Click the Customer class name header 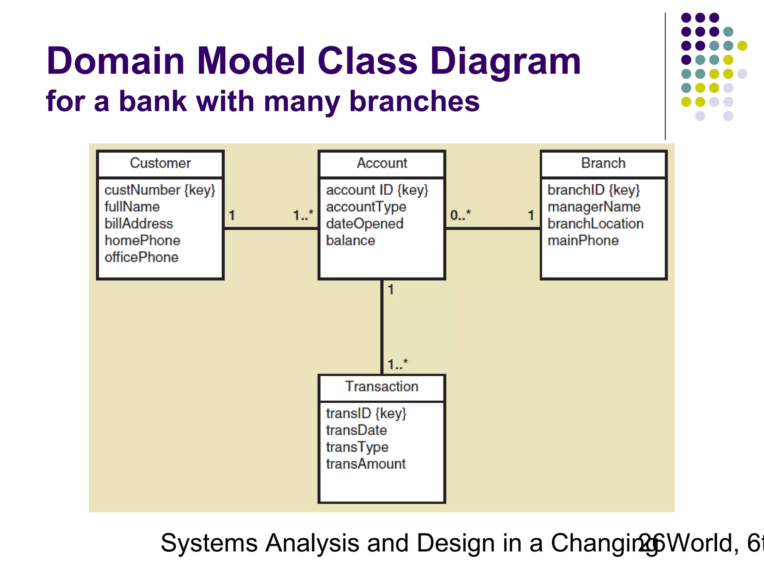pyautogui.click(x=160, y=163)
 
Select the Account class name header pyautogui.click(x=382, y=163)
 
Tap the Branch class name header pyautogui.click(x=603, y=163)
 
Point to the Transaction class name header pyautogui.click(x=382, y=386)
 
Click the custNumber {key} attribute pyautogui.click(x=160, y=190)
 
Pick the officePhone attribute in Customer pyautogui.click(x=141, y=257)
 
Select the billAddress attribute pyautogui.click(x=139, y=224)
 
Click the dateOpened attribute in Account pyautogui.click(x=364, y=224)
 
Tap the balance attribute pyautogui.click(x=350, y=241)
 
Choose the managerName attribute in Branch pyautogui.click(x=594, y=207)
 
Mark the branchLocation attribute pyautogui.click(x=595, y=224)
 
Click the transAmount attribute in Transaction pyautogui.click(x=366, y=464)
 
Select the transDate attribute pyautogui.click(x=356, y=430)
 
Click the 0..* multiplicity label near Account pyautogui.click(x=460, y=215)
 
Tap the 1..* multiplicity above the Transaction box pyautogui.click(x=398, y=364)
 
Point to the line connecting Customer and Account pyautogui.click(x=271, y=228)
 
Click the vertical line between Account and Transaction pyautogui.click(x=382, y=327)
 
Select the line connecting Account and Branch pyautogui.click(x=492, y=228)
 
